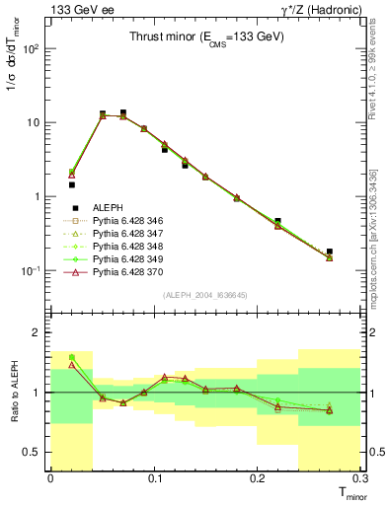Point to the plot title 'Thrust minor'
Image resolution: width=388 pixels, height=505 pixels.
[206, 37]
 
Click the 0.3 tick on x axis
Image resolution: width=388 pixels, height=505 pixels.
[359, 478]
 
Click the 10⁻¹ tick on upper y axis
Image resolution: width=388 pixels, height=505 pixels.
[31, 270]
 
